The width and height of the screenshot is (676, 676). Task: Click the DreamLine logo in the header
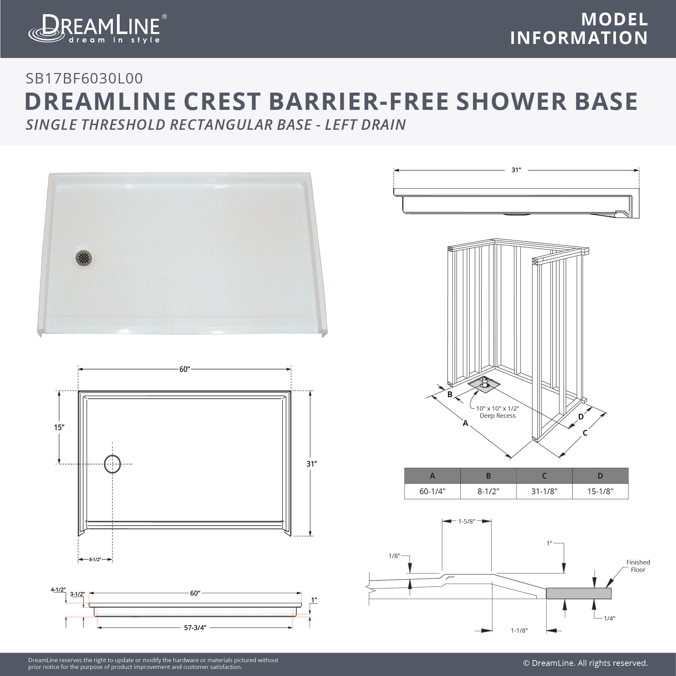click(97, 29)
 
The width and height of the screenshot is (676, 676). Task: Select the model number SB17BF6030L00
click(84, 78)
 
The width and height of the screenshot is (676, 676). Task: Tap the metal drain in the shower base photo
click(84, 258)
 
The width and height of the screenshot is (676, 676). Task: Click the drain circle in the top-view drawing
click(112, 464)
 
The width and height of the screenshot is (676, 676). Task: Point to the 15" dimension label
click(59, 427)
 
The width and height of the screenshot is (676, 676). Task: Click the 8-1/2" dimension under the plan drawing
click(95, 559)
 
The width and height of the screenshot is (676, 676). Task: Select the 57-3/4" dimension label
click(195, 628)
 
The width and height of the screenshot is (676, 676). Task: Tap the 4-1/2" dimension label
click(58, 589)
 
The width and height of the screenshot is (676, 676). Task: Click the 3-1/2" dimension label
click(77, 594)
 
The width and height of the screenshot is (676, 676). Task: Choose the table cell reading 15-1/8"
click(600, 491)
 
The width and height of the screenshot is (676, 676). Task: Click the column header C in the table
click(544, 476)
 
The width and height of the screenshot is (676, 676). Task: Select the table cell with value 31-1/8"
click(544, 491)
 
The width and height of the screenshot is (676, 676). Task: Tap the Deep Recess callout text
click(498, 416)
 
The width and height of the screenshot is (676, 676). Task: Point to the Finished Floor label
click(638, 566)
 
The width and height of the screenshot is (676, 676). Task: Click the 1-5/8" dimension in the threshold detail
click(466, 521)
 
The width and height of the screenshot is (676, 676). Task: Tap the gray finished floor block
click(579, 594)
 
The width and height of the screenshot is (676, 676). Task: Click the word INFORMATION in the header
click(579, 38)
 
